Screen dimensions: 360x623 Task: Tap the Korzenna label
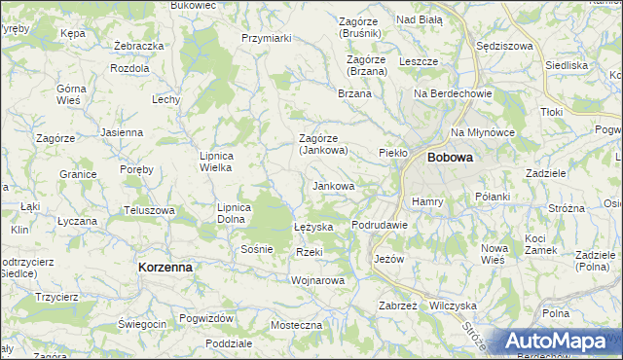165,266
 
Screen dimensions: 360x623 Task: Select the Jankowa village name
333,185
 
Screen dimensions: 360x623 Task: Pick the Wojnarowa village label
318,280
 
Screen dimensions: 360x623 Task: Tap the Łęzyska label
314,227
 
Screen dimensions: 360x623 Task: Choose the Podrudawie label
379,225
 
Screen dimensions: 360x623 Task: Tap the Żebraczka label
137,46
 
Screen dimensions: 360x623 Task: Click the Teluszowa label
149,210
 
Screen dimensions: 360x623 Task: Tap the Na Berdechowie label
454,93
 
